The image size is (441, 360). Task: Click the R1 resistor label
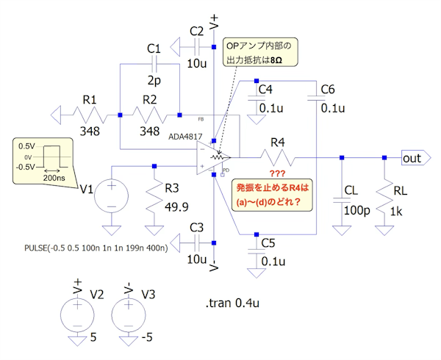(89, 98)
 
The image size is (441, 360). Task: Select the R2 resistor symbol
(150, 115)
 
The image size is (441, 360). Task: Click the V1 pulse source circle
(112, 197)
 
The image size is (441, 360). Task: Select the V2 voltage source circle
(76, 316)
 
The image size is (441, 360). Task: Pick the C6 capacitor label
(328, 90)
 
